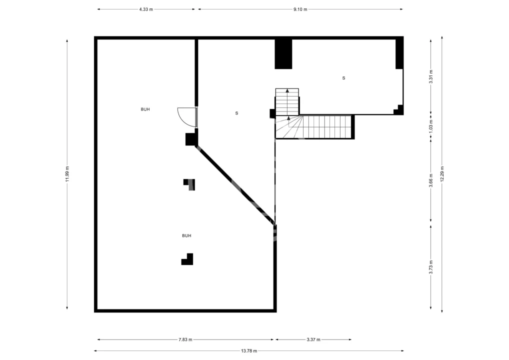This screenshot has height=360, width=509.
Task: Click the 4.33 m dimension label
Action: (146, 9)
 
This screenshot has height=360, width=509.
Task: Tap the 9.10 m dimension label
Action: (300, 9)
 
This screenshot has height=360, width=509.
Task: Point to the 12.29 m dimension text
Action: (442, 174)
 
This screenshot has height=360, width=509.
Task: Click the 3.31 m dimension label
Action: (431, 76)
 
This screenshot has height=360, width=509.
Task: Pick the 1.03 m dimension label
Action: (431, 125)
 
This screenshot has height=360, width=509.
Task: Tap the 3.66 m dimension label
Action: (431, 180)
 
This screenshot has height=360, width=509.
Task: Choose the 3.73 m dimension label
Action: (431, 267)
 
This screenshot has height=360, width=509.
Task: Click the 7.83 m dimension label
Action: (185, 339)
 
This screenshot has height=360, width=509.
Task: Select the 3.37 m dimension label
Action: (313, 339)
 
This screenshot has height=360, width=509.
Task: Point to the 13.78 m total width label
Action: (249, 350)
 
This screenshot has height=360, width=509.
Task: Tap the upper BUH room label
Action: (145, 109)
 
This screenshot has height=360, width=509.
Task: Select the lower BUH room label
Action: (186, 235)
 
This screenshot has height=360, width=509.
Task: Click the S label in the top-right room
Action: (344, 78)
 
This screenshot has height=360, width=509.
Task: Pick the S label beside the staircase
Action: (236, 113)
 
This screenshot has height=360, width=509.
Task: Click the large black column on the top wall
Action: (283, 54)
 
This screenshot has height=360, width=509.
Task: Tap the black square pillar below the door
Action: (191, 139)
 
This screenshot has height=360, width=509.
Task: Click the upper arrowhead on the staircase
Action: (287, 90)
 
